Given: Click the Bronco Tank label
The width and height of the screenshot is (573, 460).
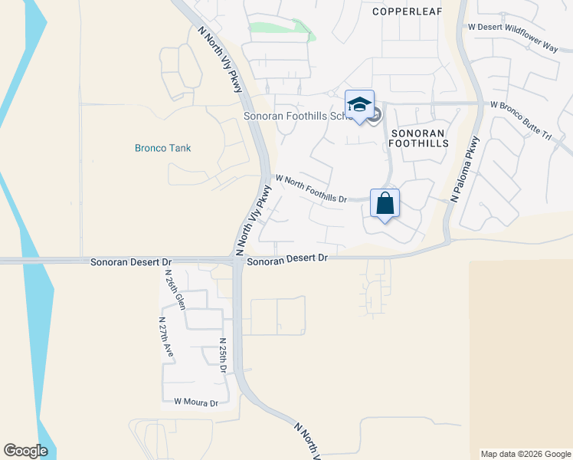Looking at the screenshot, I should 162,148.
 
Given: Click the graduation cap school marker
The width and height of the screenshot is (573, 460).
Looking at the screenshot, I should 359,104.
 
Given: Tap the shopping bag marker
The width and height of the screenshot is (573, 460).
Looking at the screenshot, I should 385,204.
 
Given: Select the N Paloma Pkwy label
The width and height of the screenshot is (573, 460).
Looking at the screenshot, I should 465,169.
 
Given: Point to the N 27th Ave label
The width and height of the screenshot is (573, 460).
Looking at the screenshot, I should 166,337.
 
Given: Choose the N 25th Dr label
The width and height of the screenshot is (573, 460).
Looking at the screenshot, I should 222,356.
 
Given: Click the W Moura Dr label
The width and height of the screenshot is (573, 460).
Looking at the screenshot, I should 196,402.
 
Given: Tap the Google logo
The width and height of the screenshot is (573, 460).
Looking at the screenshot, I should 25,451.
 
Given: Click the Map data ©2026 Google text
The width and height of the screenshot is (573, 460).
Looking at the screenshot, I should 526,454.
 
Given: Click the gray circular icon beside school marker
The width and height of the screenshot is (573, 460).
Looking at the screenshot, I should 375,117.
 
